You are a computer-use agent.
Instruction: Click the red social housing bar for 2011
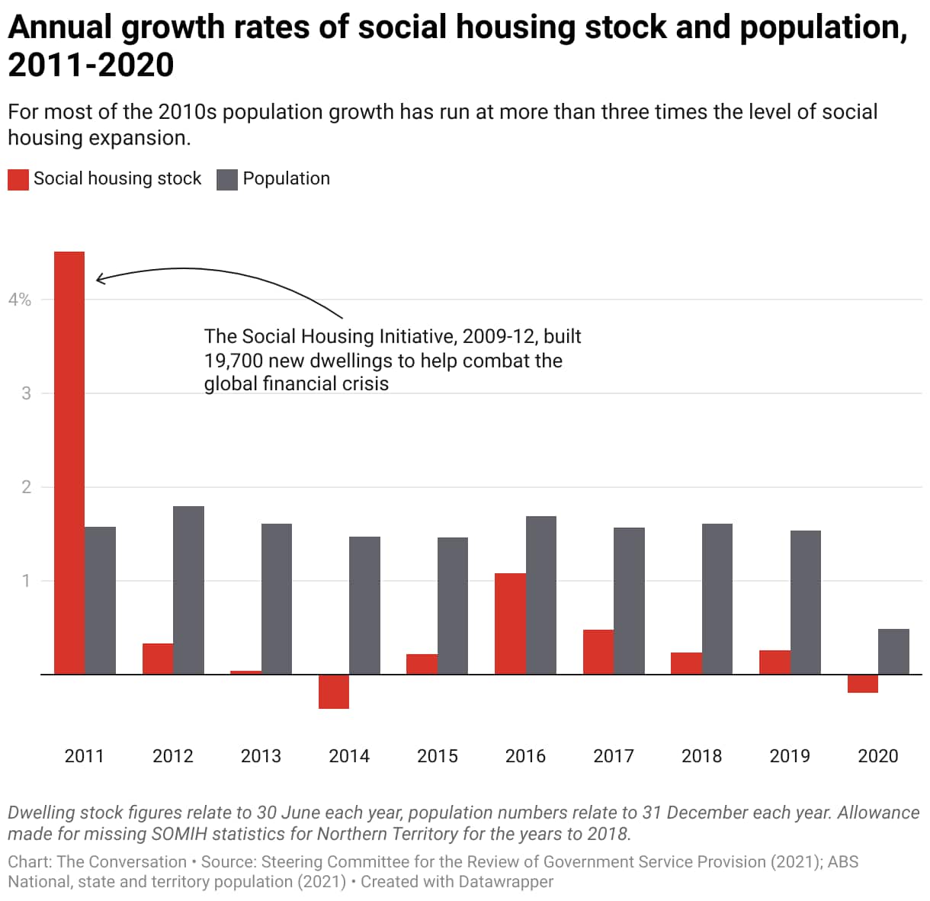click(x=69, y=463)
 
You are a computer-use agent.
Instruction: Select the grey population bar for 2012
click(x=188, y=590)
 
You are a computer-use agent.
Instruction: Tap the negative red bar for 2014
click(x=334, y=691)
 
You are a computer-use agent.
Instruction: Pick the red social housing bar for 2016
click(x=510, y=624)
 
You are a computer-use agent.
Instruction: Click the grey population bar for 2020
click(x=893, y=652)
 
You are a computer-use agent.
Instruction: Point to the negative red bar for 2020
click(x=863, y=684)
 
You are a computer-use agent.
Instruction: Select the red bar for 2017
click(x=598, y=652)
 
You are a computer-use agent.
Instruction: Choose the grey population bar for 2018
click(x=717, y=598)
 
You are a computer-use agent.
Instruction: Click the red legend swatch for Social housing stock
click(x=18, y=179)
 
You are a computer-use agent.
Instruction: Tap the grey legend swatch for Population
click(x=227, y=179)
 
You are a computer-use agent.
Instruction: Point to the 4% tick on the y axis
click(x=20, y=300)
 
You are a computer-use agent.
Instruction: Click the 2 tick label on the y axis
click(x=27, y=487)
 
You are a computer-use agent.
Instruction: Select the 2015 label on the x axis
click(x=438, y=756)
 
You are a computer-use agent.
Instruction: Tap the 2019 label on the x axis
click(x=790, y=756)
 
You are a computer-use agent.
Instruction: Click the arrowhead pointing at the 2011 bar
click(x=98, y=279)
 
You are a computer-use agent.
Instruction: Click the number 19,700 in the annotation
click(x=233, y=361)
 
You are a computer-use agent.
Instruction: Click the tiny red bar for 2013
click(x=245, y=672)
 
